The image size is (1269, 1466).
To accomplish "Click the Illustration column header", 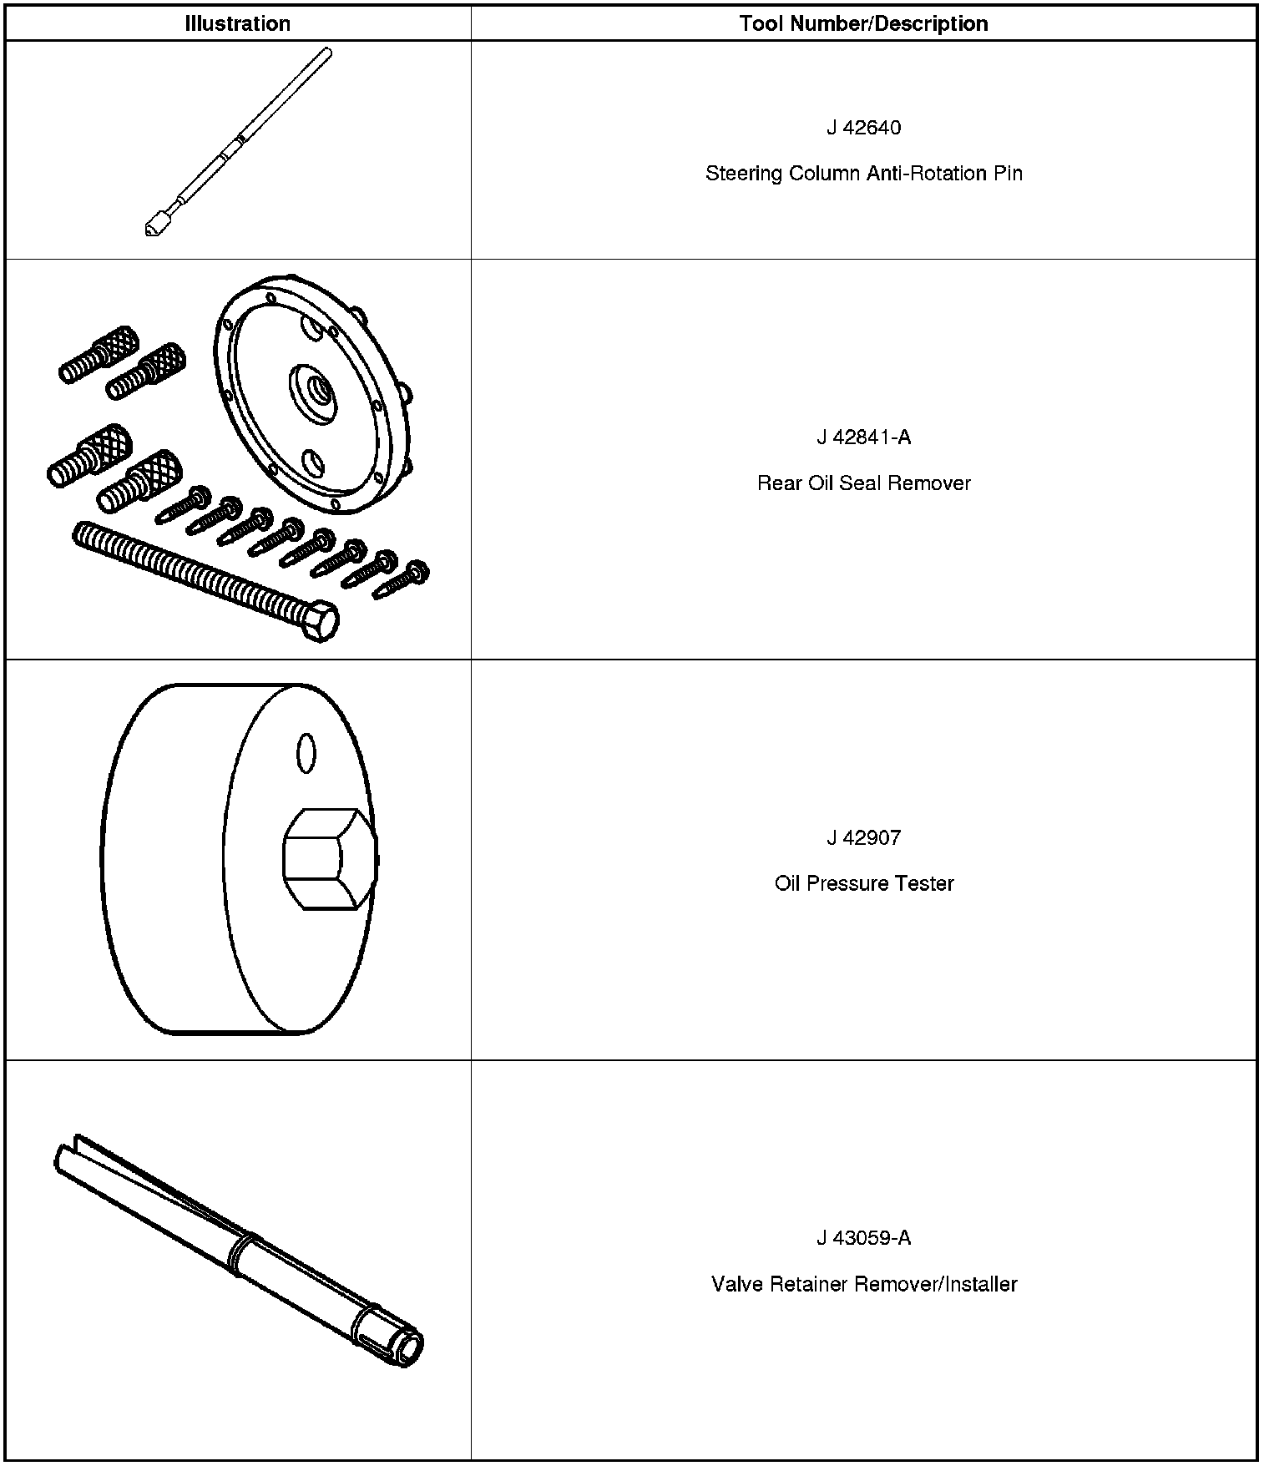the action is pos(237,23).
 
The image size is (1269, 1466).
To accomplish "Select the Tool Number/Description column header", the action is pos(863,23).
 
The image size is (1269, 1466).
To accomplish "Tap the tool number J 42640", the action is pos(863,128).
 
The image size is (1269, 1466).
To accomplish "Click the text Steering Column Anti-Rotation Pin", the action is pos(863,174).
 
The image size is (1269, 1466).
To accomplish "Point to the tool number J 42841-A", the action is pos(863,437).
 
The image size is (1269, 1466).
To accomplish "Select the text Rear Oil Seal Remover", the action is pos(863,483).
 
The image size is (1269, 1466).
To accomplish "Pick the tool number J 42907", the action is pos(863,837).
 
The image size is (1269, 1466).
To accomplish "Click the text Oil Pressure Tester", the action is pos(863,883).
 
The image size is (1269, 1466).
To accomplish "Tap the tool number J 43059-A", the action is pos(863,1238).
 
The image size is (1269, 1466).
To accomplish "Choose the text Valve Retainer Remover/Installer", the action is pos(863,1284).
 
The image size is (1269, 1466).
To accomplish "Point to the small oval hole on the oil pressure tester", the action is pos(306,753).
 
